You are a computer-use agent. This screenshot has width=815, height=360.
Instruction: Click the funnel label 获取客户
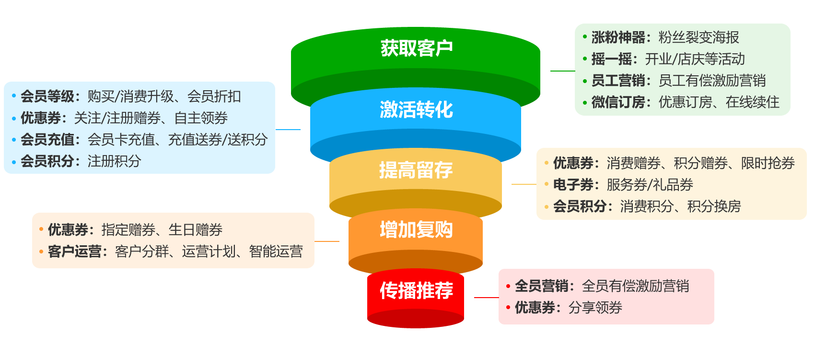click(416, 48)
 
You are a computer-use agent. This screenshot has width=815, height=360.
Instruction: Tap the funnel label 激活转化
click(416, 109)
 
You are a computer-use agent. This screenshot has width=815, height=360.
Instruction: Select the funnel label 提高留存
click(416, 170)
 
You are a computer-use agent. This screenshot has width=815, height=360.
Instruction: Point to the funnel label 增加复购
click(416, 230)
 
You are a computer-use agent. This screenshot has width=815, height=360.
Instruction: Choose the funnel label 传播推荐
click(416, 290)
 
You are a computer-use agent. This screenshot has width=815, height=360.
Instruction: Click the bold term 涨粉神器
click(618, 37)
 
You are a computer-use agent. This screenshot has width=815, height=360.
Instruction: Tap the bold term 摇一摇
click(612, 59)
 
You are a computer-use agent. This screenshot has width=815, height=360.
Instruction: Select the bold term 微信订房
click(618, 102)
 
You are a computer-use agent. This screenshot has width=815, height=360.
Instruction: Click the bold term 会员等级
click(47, 96)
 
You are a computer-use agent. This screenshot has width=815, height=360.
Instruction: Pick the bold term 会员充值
click(47, 140)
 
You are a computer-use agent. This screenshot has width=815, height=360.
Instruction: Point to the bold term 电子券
click(573, 185)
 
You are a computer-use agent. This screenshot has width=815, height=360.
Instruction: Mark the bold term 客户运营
click(75, 252)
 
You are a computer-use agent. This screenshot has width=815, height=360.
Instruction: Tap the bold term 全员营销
click(542, 286)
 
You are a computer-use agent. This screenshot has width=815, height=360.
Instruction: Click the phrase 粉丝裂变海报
click(699, 37)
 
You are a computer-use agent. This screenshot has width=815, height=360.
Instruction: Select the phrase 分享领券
click(595, 308)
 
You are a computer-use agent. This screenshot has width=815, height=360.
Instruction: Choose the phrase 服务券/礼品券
click(650, 185)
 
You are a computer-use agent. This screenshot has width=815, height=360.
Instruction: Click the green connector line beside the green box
click(562, 71)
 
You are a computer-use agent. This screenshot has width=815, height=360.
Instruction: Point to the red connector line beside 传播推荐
click(486, 298)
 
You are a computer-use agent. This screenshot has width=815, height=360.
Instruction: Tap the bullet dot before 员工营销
click(585, 81)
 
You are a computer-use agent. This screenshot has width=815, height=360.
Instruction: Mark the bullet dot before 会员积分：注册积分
click(14, 161)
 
